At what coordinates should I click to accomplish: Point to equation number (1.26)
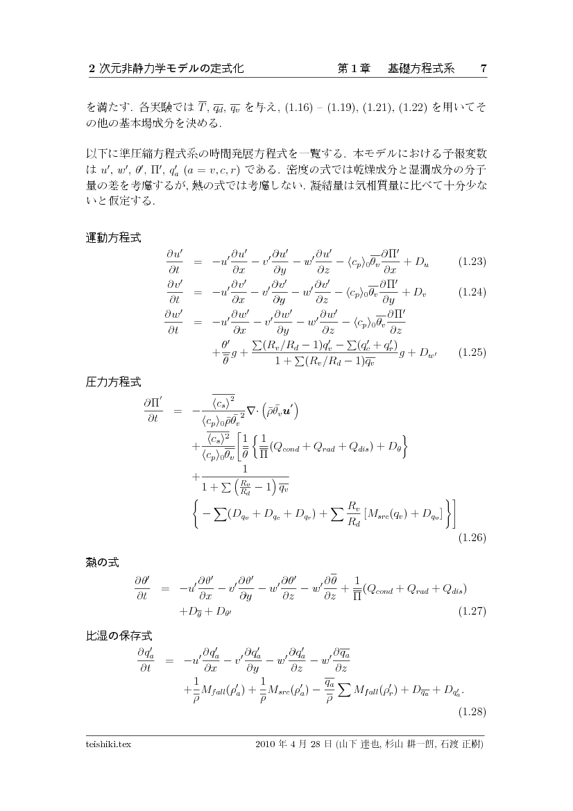pos(471,537)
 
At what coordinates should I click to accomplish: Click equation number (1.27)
pos(471,611)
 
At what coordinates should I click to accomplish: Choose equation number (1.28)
pos(471,712)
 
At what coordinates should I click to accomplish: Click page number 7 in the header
pos(483,69)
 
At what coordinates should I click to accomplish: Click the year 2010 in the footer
pos(266,744)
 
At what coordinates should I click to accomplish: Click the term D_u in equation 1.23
pos(422,262)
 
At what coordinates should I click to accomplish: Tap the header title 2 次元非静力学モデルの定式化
pos(166,69)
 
